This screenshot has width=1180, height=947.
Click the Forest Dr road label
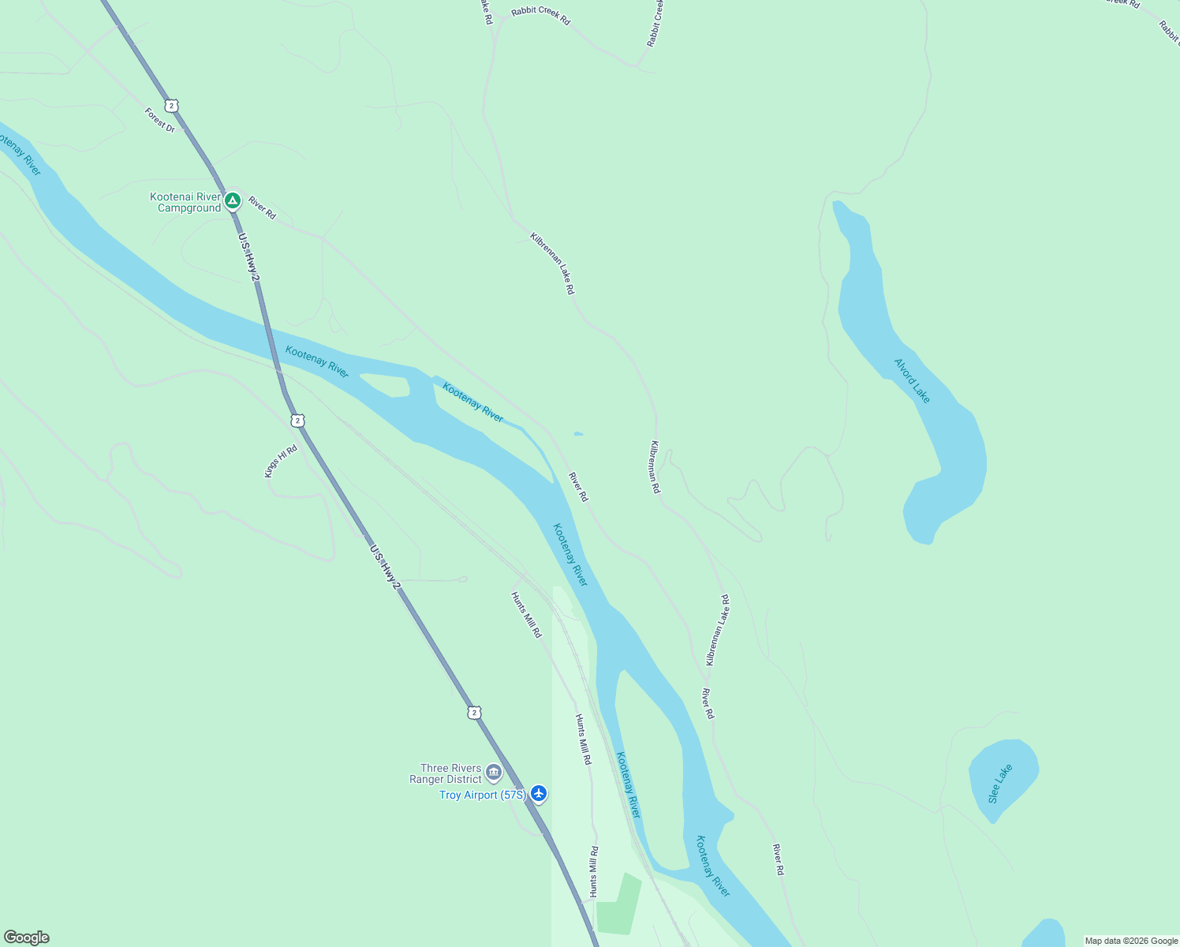coord(160,120)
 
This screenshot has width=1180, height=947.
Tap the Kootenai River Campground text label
coord(186,203)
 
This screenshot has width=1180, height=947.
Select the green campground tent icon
coord(232,201)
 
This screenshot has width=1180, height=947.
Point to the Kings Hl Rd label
coord(281,461)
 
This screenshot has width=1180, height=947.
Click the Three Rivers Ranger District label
coord(446,773)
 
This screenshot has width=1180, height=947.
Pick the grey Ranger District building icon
coord(494,771)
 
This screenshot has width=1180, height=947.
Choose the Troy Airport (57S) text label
coord(482,795)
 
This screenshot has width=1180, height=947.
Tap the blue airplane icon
coord(539,793)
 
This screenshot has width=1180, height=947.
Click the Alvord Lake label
coord(912,380)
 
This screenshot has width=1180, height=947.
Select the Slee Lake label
coord(999,784)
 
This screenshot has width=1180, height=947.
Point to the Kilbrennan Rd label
coord(655,467)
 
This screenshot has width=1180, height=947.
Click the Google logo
coord(25,938)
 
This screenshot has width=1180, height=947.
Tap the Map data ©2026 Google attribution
coord(1131,941)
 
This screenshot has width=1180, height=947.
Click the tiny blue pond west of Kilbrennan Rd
coord(578,433)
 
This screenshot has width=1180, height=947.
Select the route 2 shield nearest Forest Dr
coord(171,105)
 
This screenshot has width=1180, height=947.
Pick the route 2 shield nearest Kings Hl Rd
coord(297,421)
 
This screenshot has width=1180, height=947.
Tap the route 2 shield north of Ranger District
coord(473,713)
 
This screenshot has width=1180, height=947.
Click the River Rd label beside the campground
coord(262,208)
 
